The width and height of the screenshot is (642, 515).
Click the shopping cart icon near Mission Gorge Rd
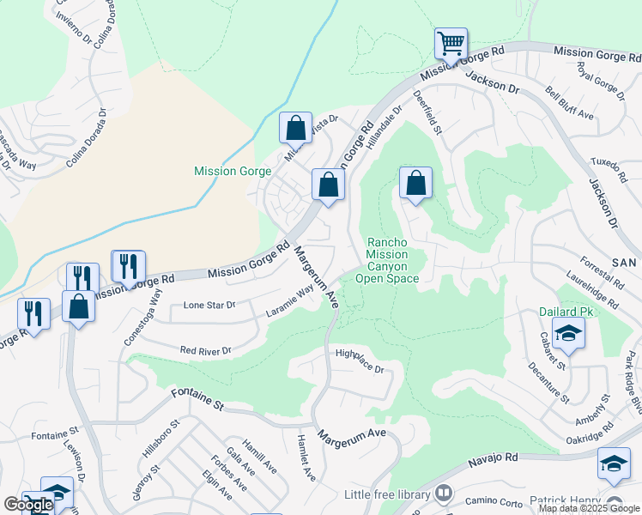click(x=451, y=42)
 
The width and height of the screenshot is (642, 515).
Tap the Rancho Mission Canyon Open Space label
click(x=392, y=260)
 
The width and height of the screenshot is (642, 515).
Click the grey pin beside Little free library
click(x=444, y=494)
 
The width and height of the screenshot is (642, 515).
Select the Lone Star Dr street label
click(x=209, y=306)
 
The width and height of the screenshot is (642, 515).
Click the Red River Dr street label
click(x=206, y=350)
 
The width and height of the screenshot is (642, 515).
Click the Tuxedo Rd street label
click(x=610, y=169)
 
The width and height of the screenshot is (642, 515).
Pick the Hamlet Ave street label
click(x=305, y=468)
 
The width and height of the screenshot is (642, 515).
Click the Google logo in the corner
click(x=28, y=505)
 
